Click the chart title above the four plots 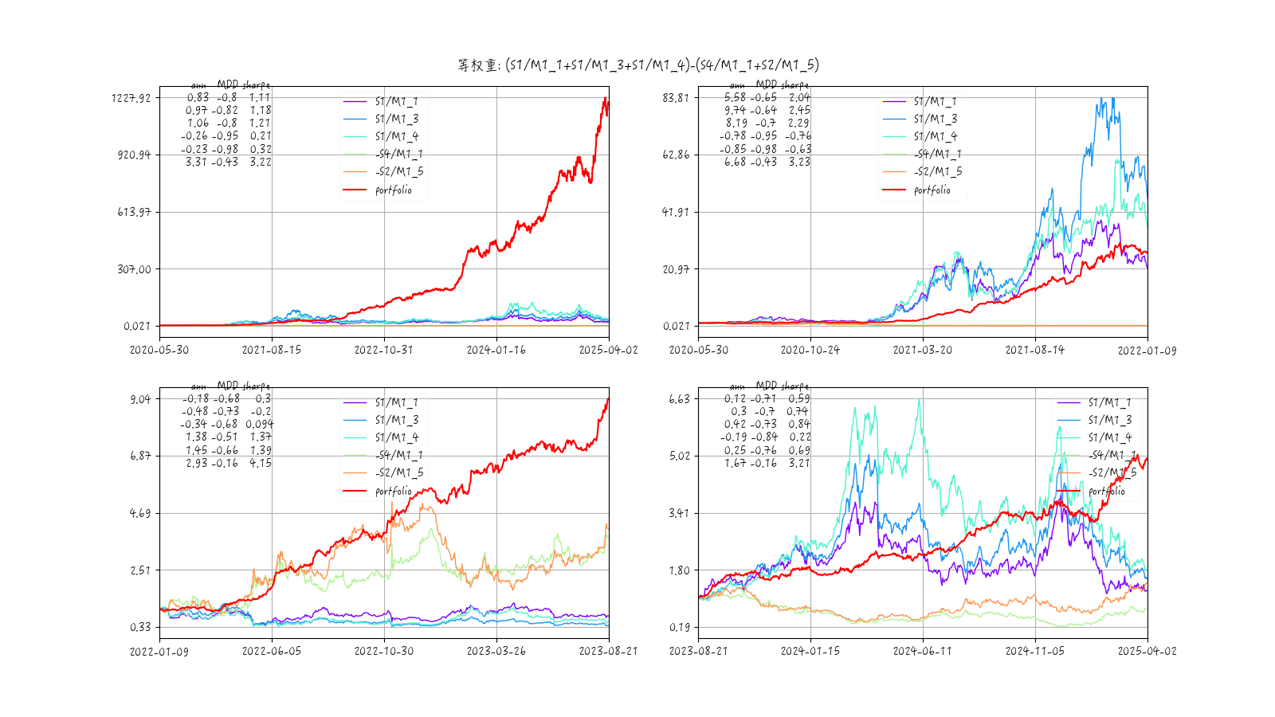[637, 65]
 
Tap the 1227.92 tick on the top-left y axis [131, 98]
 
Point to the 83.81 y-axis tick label [675, 98]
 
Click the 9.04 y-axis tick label [140, 399]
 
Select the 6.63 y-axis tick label [679, 399]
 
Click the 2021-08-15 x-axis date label [272, 350]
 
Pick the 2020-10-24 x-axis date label [810, 350]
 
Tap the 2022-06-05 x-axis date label [272, 651]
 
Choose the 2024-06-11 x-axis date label [923, 651]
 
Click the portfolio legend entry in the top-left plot [394, 190]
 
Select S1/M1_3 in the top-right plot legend [936, 119]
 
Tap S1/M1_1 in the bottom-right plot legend [1109, 402]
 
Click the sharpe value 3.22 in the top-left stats [260, 162]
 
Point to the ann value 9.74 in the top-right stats [735, 110]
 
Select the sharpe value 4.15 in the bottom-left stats [260, 463]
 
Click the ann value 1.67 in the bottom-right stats [735, 463]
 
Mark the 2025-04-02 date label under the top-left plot [608, 350]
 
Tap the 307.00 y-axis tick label [134, 269]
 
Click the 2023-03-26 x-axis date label [496, 651]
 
